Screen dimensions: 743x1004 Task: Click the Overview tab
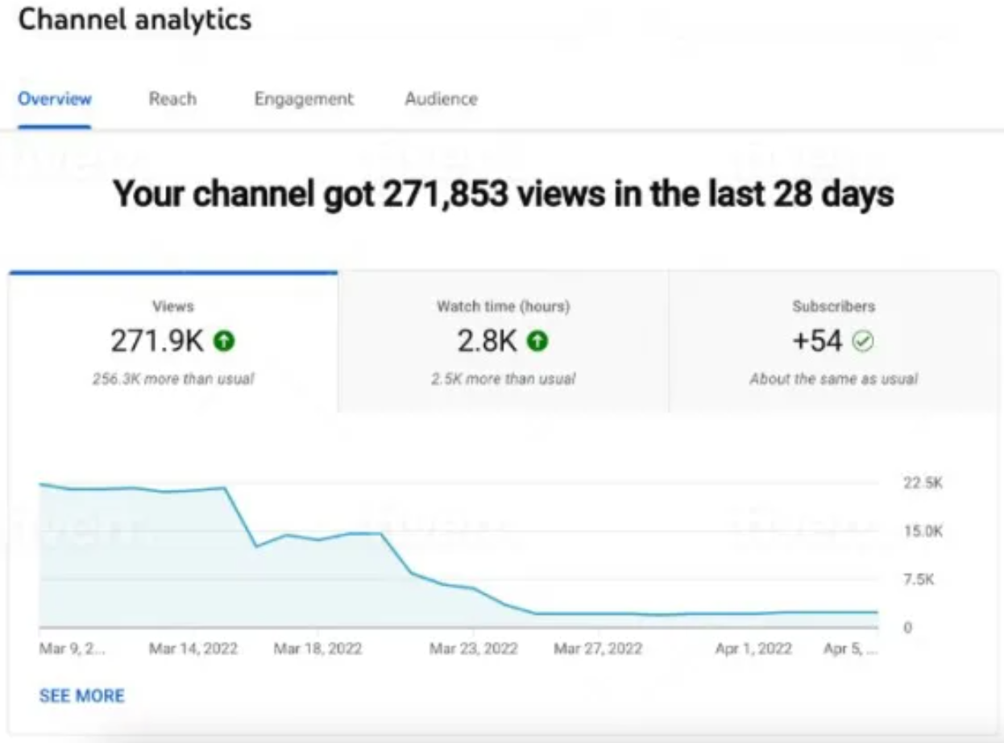[55, 99]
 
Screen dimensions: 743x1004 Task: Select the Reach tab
[172, 99]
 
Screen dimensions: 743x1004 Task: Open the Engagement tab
[304, 99]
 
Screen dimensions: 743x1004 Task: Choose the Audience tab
[441, 99]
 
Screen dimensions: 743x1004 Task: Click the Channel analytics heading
[135, 20]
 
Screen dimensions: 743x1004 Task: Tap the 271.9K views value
[157, 342]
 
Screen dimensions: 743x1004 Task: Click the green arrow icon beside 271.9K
[224, 342]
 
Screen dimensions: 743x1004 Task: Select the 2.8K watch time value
[487, 342]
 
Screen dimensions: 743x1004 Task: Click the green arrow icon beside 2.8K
[537, 342]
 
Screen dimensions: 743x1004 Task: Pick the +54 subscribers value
[817, 342]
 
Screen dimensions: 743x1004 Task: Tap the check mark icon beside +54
[863, 342]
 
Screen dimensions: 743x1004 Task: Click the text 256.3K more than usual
[172, 379]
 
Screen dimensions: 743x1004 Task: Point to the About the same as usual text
[833, 379]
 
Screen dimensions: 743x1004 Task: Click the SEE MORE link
[81, 695]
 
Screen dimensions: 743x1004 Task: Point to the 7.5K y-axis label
[919, 579]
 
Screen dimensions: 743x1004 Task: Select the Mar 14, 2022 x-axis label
[193, 649]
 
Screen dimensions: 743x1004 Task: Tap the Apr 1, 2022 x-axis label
[753, 649]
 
